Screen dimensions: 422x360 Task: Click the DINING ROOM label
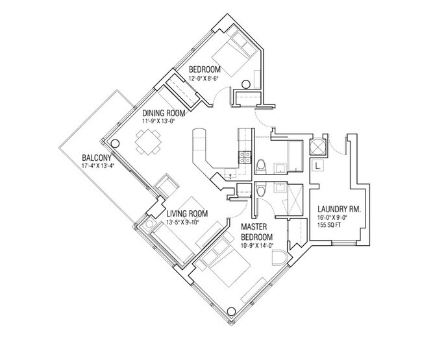point(164,113)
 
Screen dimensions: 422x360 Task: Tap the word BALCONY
point(96,158)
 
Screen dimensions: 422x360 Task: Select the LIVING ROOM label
point(187,214)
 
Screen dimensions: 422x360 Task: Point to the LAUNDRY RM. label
point(339,209)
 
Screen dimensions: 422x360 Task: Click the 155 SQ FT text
point(329,225)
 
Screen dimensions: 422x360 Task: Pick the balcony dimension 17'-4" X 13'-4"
point(98,165)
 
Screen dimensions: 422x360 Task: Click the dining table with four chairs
point(148,142)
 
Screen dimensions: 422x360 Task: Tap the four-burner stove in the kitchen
point(245,157)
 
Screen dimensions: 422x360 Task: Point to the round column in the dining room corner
point(115,143)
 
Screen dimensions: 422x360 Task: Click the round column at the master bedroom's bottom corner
point(231,311)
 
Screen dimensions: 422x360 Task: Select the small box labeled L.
point(317,165)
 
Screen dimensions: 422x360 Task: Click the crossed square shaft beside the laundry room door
point(317,147)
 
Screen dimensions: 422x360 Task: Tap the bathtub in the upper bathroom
point(295,156)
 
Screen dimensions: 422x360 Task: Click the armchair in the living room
point(166,186)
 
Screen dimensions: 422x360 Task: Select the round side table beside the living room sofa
point(149,224)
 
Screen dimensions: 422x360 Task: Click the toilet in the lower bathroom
point(260,189)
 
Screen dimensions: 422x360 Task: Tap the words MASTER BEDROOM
point(256,232)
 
